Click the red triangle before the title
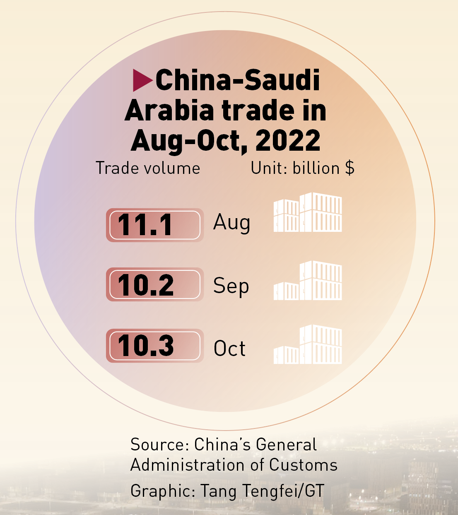pos(142,80)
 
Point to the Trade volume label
pos(148,168)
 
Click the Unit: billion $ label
pos(302,168)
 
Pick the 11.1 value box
pos(154,225)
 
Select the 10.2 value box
pos(154,284)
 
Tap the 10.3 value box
pos(154,346)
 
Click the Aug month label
pos(231,223)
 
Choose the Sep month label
pos(231,286)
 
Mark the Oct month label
pos(229,349)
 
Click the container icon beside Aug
pos(308,212)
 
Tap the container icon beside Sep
pos(308,281)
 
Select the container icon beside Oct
pos(308,344)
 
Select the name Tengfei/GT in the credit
pos(283,491)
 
